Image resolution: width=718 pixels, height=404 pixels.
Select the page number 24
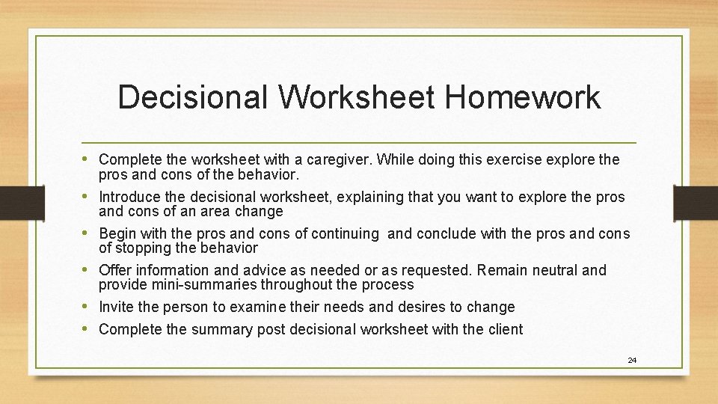tap(632, 361)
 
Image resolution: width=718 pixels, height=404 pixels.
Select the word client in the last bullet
tap(505, 329)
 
